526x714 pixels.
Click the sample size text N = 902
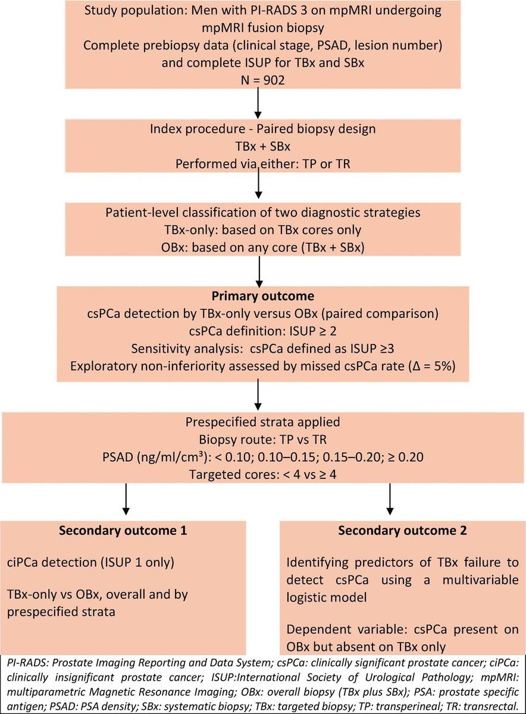click(x=262, y=80)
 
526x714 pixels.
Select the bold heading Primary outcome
click(x=262, y=296)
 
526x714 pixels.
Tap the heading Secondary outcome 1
click(x=123, y=530)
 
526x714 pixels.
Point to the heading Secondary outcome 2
click(x=402, y=530)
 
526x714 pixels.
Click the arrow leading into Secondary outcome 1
click(x=126, y=499)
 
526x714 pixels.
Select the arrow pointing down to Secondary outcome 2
click(x=390, y=499)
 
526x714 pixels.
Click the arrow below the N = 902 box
click(x=258, y=103)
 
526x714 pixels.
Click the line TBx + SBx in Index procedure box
click(x=262, y=146)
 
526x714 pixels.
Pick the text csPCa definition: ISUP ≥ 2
click(x=262, y=331)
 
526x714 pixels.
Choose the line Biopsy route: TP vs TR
click(x=262, y=440)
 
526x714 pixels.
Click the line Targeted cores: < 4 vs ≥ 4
click(x=262, y=475)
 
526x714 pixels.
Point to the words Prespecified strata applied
click(x=262, y=422)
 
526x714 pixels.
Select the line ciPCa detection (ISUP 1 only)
click(x=90, y=562)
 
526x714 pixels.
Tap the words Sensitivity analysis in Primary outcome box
click(x=187, y=349)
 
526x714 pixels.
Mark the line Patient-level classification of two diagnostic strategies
click(x=262, y=212)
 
